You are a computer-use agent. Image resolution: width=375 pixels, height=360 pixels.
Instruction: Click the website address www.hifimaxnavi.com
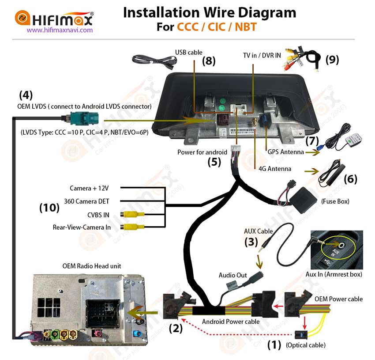[x=60, y=30]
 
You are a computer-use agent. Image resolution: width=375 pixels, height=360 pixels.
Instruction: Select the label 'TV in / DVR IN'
[x=262, y=55]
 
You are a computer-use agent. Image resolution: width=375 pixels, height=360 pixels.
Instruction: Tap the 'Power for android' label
[x=202, y=152]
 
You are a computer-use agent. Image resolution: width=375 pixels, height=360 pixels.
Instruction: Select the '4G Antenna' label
[x=275, y=169]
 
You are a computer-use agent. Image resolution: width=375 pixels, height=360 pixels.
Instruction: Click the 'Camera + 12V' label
[x=89, y=188]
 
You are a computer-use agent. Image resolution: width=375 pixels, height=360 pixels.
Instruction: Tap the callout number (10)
[x=49, y=207]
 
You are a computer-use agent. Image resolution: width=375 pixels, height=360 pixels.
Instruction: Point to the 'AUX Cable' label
[x=258, y=231]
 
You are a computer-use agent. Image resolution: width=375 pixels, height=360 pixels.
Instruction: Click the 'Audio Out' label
[x=233, y=275]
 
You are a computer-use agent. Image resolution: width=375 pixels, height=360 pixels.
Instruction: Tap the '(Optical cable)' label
[x=306, y=345]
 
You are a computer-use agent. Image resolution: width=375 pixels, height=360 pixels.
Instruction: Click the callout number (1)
[x=274, y=345]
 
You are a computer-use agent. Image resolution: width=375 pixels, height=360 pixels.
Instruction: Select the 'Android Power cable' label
[x=231, y=322]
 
